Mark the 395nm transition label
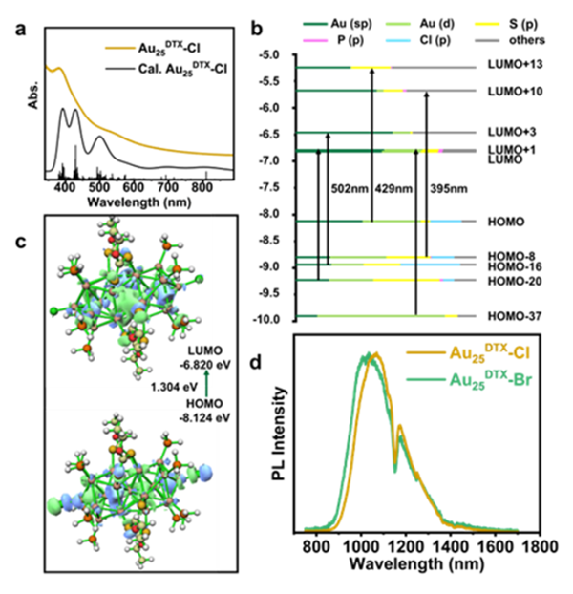coord(447,187)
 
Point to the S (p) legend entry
coord(507,25)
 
